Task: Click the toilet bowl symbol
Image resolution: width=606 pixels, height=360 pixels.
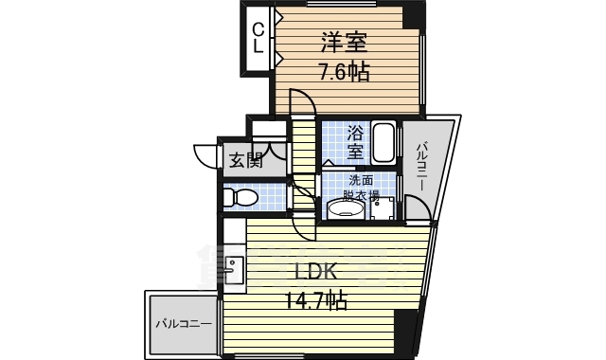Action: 243,198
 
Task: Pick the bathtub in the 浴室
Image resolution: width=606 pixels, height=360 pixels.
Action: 384,142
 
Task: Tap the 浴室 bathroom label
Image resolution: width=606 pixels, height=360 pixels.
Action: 355,142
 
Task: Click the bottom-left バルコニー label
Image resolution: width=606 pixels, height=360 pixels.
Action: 184,324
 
